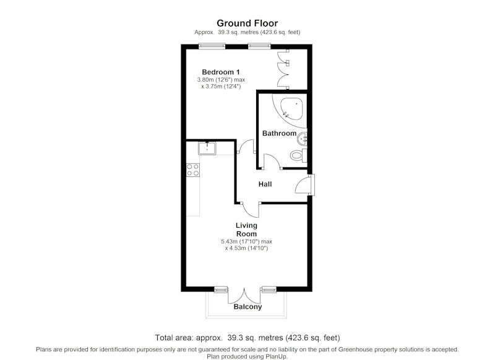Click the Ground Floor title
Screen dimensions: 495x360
pyautogui.click(x=247, y=23)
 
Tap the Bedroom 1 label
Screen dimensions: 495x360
pyautogui.click(x=221, y=72)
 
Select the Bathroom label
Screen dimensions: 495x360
pyautogui.click(x=280, y=133)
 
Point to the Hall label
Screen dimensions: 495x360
pyautogui.click(x=265, y=184)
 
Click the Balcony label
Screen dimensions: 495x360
pyautogui.click(x=248, y=307)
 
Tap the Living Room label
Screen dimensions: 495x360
pyautogui.click(x=246, y=229)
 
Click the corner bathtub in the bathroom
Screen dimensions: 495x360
pyautogui.click(x=292, y=108)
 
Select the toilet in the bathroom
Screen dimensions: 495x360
pyautogui.click(x=299, y=155)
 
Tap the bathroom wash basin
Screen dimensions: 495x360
pyautogui.click(x=303, y=139)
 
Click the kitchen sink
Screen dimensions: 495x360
pyautogui.click(x=207, y=148)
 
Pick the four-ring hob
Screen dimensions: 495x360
pyautogui.click(x=193, y=169)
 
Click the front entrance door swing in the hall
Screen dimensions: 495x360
pyautogui.click(x=302, y=185)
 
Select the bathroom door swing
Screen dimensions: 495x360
pyautogui.click(x=272, y=161)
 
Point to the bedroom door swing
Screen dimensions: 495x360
pyautogui.click(x=245, y=146)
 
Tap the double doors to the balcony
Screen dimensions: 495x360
pyautogui.click(x=244, y=296)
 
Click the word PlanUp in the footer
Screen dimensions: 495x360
pyautogui.click(x=278, y=356)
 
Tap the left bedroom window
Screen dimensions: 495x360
pyautogui.click(x=212, y=46)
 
